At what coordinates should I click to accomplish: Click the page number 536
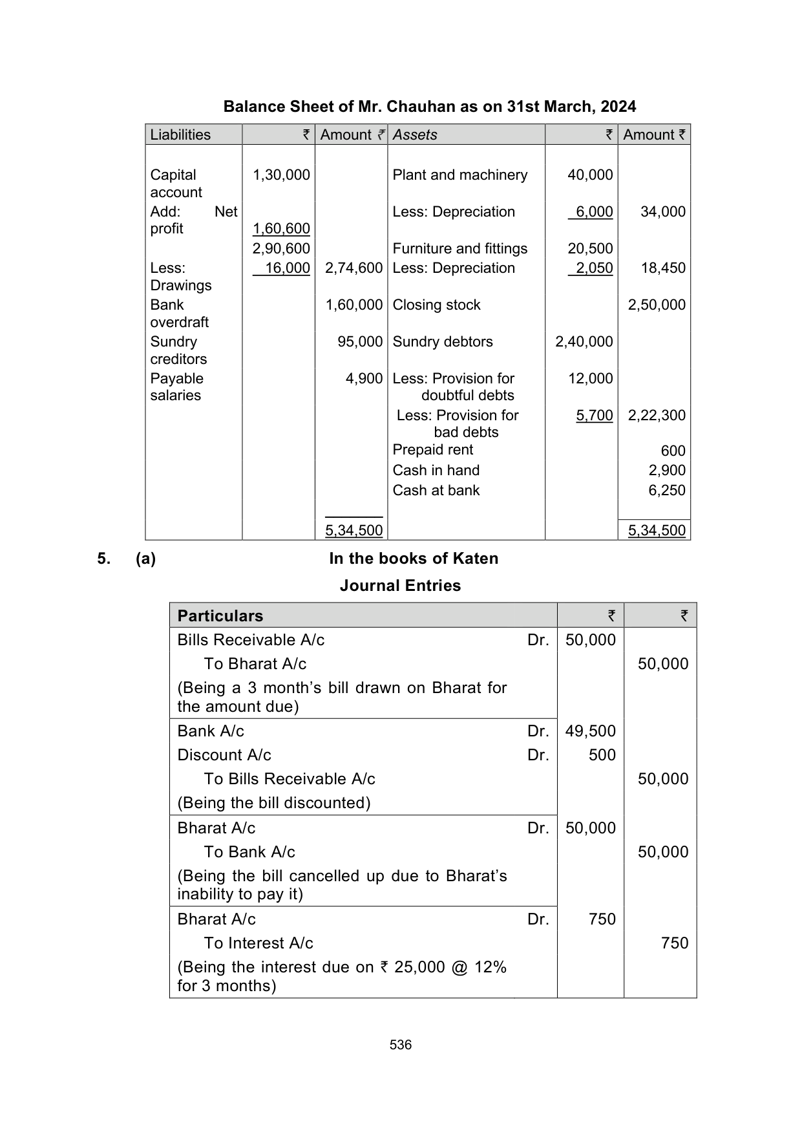click(401, 1045)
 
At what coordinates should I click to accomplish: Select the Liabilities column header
click(180, 134)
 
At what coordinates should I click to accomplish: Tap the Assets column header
click(415, 134)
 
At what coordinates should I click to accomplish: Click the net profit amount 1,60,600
click(281, 228)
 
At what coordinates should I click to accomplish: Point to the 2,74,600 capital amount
click(354, 268)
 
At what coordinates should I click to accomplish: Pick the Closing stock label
click(436, 305)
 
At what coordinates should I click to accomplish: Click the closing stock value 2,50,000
click(657, 305)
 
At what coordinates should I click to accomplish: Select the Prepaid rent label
click(432, 449)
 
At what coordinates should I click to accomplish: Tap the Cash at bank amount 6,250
click(667, 490)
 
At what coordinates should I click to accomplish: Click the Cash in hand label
click(436, 470)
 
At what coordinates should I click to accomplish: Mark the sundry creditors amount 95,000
click(360, 341)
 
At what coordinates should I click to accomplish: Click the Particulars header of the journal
click(220, 615)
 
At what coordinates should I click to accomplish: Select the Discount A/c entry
click(224, 754)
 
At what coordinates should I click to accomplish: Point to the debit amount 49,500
click(590, 731)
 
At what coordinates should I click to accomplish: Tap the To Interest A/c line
click(259, 943)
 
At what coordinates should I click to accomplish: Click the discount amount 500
click(602, 754)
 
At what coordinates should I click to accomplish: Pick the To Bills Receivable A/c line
click(290, 778)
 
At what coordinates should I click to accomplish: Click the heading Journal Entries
click(400, 585)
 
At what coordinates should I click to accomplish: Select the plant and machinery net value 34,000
click(662, 211)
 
